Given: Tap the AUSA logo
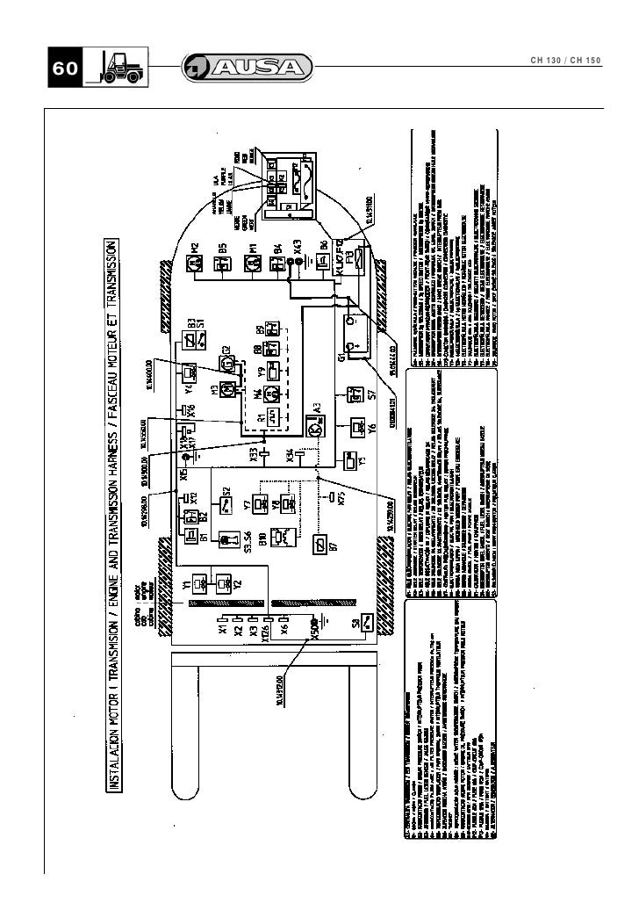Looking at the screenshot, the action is (x=247, y=68).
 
